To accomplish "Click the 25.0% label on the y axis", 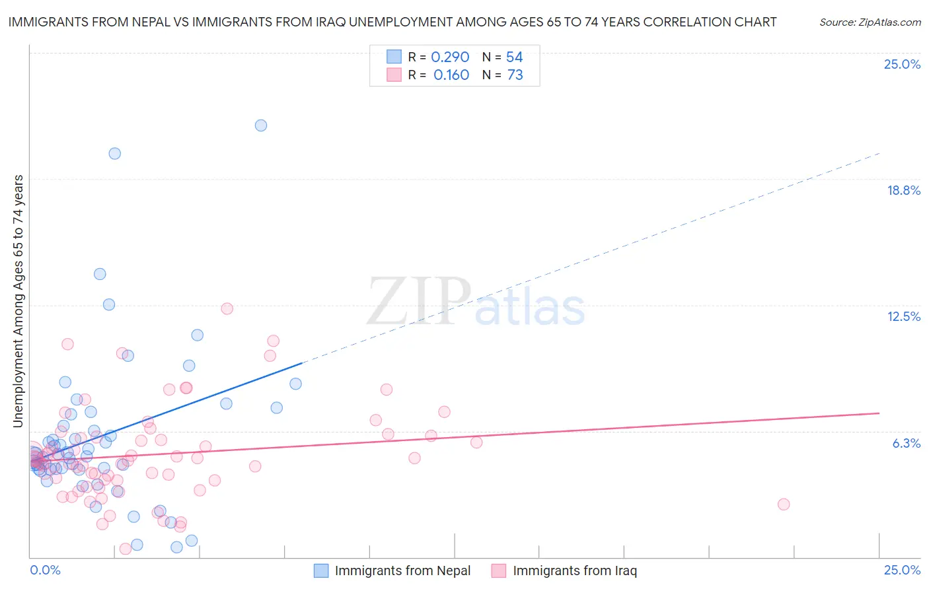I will coord(902,64).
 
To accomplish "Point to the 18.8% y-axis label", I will coord(903,190).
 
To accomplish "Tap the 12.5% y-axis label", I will coord(903,316).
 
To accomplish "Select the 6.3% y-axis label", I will coord(906,443).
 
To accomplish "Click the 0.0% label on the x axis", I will coord(45,570).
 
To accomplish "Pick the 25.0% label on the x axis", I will coord(902,570).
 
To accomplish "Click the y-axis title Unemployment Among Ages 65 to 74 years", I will coord(18,300).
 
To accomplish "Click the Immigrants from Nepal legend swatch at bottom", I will coord(321,571).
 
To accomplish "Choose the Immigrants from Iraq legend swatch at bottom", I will coord(499,571).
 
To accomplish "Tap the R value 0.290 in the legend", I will coord(450,57).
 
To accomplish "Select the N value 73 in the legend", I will coord(515,75).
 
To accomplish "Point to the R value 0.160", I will coord(451,75).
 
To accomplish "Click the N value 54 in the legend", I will coord(514,57).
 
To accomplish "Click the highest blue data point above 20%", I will coord(261,125).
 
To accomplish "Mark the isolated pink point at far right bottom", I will coord(784,504).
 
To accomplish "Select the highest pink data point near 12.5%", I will coord(227,308).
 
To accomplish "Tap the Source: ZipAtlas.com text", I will coord(870,22).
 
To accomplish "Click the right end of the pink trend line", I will coord(879,413).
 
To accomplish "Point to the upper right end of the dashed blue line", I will coord(879,154).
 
